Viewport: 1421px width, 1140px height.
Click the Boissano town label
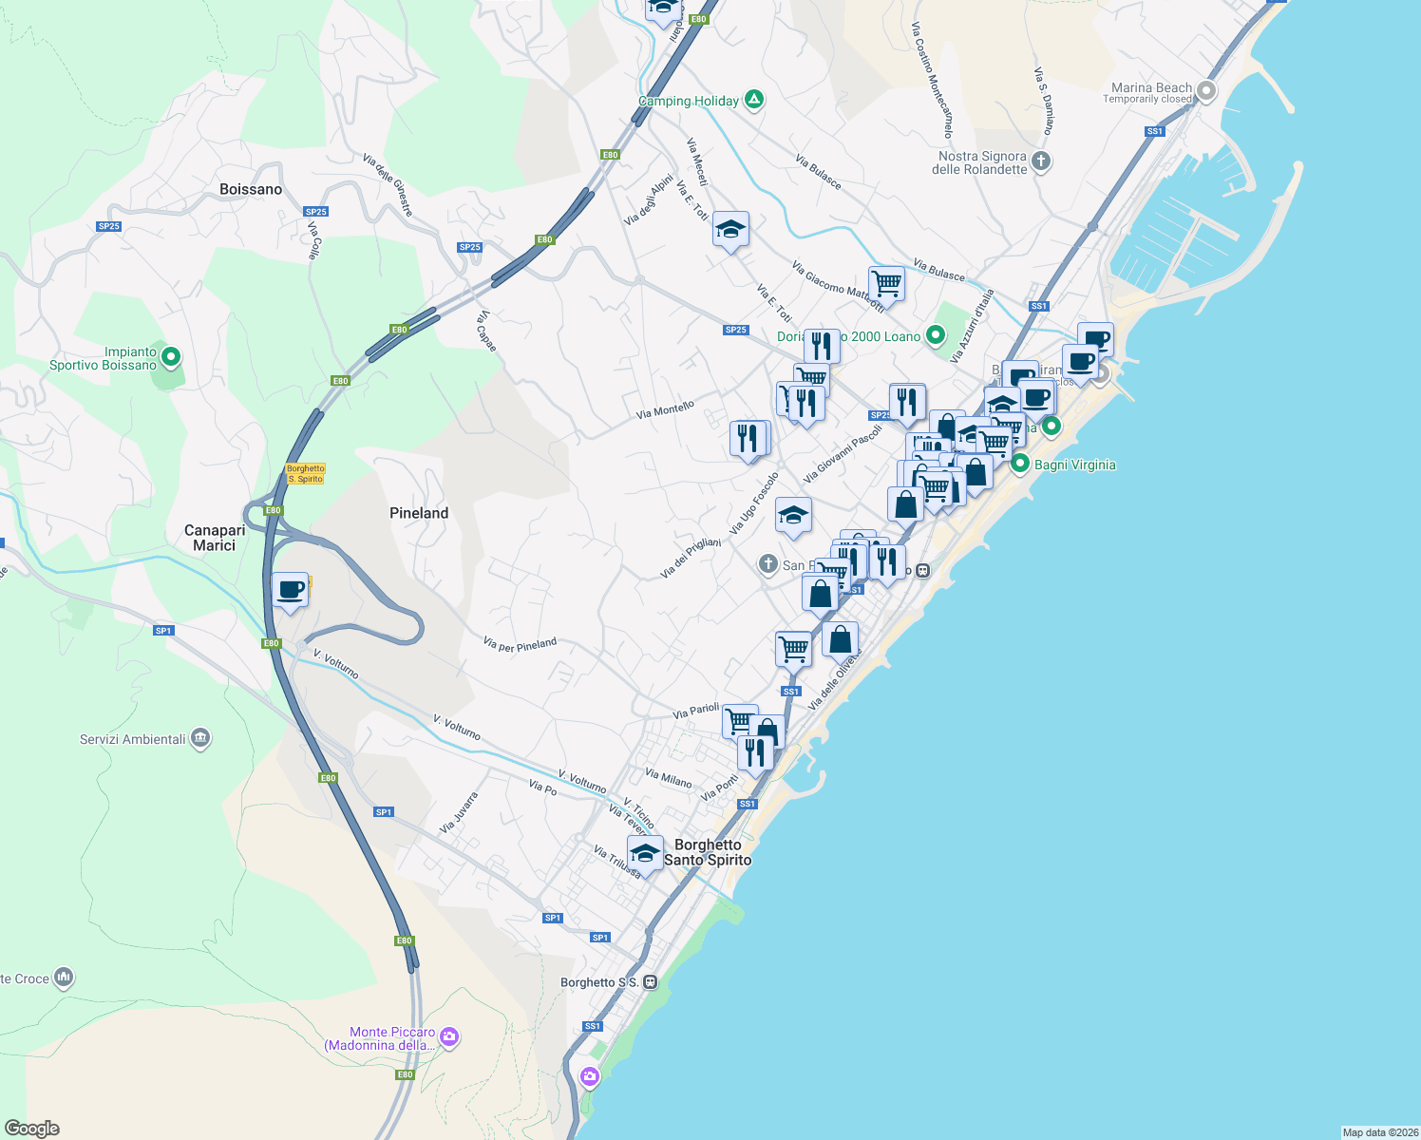(251, 189)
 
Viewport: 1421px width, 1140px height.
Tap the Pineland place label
(419, 513)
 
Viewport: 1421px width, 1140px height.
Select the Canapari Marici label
(215, 538)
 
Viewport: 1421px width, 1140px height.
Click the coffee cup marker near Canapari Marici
(290, 591)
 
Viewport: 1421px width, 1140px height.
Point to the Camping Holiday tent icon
(754, 99)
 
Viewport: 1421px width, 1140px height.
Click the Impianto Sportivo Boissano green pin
(171, 358)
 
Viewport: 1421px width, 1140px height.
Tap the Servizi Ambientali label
(133, 739)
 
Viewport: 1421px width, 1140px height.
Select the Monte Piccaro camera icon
(450, 1037)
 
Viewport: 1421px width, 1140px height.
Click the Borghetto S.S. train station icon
(650, 982)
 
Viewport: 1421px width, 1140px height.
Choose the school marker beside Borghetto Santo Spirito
(645, 854)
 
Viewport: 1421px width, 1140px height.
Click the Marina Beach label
(1151, 87)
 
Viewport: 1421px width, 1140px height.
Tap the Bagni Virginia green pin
(1020, 465)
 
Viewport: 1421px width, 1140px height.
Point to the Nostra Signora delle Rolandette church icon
(1041, 161)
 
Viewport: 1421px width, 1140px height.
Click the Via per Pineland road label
(520, 645)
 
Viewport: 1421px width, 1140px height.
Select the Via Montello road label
(665, 410)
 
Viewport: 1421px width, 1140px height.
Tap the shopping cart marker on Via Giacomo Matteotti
(886, 282)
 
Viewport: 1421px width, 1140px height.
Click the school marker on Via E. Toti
(730, 230)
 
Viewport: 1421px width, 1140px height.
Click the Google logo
(32, 1129)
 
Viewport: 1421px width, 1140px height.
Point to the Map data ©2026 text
(1380, 1132)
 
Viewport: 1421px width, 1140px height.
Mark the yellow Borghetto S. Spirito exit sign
(306, 473)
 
